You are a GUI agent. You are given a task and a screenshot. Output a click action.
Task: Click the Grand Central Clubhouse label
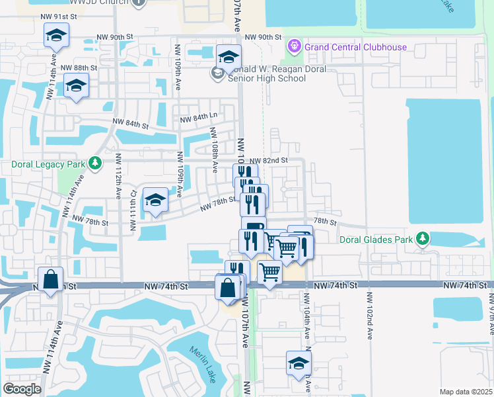tap(355, 47)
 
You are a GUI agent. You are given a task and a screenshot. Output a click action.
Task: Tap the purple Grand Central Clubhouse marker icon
tap(294, 46)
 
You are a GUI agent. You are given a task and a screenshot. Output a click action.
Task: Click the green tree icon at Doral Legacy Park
tap(96, 163)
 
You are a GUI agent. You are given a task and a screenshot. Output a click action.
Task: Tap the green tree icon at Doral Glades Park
tap(421, 239)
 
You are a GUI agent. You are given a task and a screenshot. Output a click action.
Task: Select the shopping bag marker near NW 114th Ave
tap(51, 280)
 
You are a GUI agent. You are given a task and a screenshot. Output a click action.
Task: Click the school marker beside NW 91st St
tap(57, 36)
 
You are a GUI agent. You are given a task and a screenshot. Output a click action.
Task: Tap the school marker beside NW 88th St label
tap(77, 86)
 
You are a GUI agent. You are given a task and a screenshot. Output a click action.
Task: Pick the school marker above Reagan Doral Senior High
tap(229, 58)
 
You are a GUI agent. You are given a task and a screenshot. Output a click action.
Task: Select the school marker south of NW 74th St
tap(299, 363)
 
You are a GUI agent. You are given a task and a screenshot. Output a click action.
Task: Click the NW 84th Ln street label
tap(195, 120)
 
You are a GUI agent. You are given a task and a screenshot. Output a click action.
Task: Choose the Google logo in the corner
tap(22, 389)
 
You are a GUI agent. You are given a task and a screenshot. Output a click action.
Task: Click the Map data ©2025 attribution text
tap(466, 392)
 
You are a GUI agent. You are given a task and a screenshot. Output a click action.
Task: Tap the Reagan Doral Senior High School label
tap(266, 73)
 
